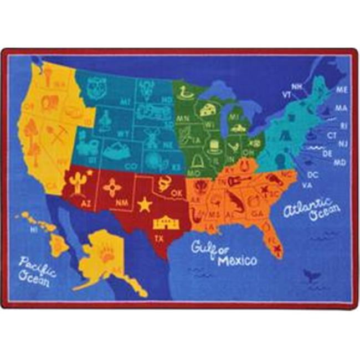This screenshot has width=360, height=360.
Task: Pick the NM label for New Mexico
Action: pyautogui.click(x=119, y=203)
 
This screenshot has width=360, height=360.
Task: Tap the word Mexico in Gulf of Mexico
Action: pyautogui.click(x=237, y=260)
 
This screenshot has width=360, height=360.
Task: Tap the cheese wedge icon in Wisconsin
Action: pyautogui.click(x=208, y=109)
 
